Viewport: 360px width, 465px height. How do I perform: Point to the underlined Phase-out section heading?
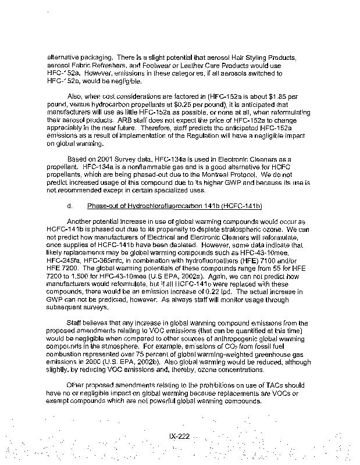(x=174, y=206)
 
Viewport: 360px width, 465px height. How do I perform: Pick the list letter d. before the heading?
(x=70, y=206)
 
